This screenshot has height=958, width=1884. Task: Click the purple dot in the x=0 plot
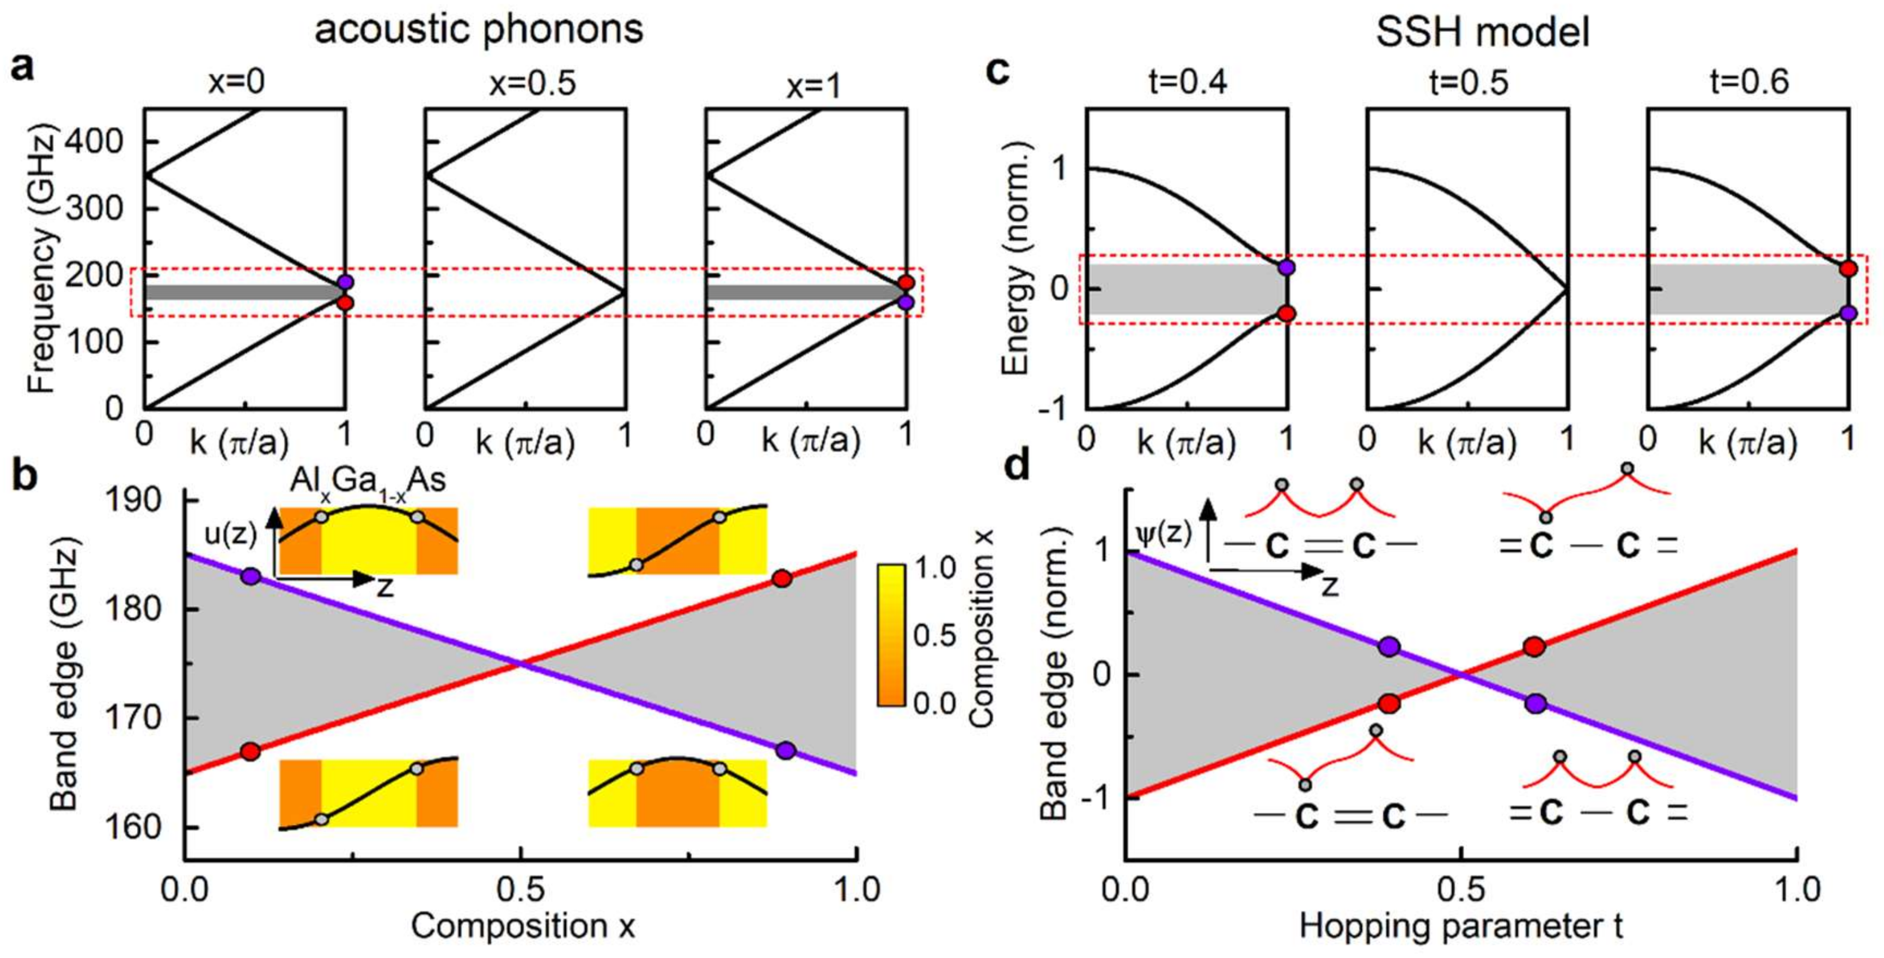[x=345, y=281]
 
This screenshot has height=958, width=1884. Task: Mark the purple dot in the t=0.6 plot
[x=1848, y=313]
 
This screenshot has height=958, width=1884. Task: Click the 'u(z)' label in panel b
[x=230, y=535]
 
